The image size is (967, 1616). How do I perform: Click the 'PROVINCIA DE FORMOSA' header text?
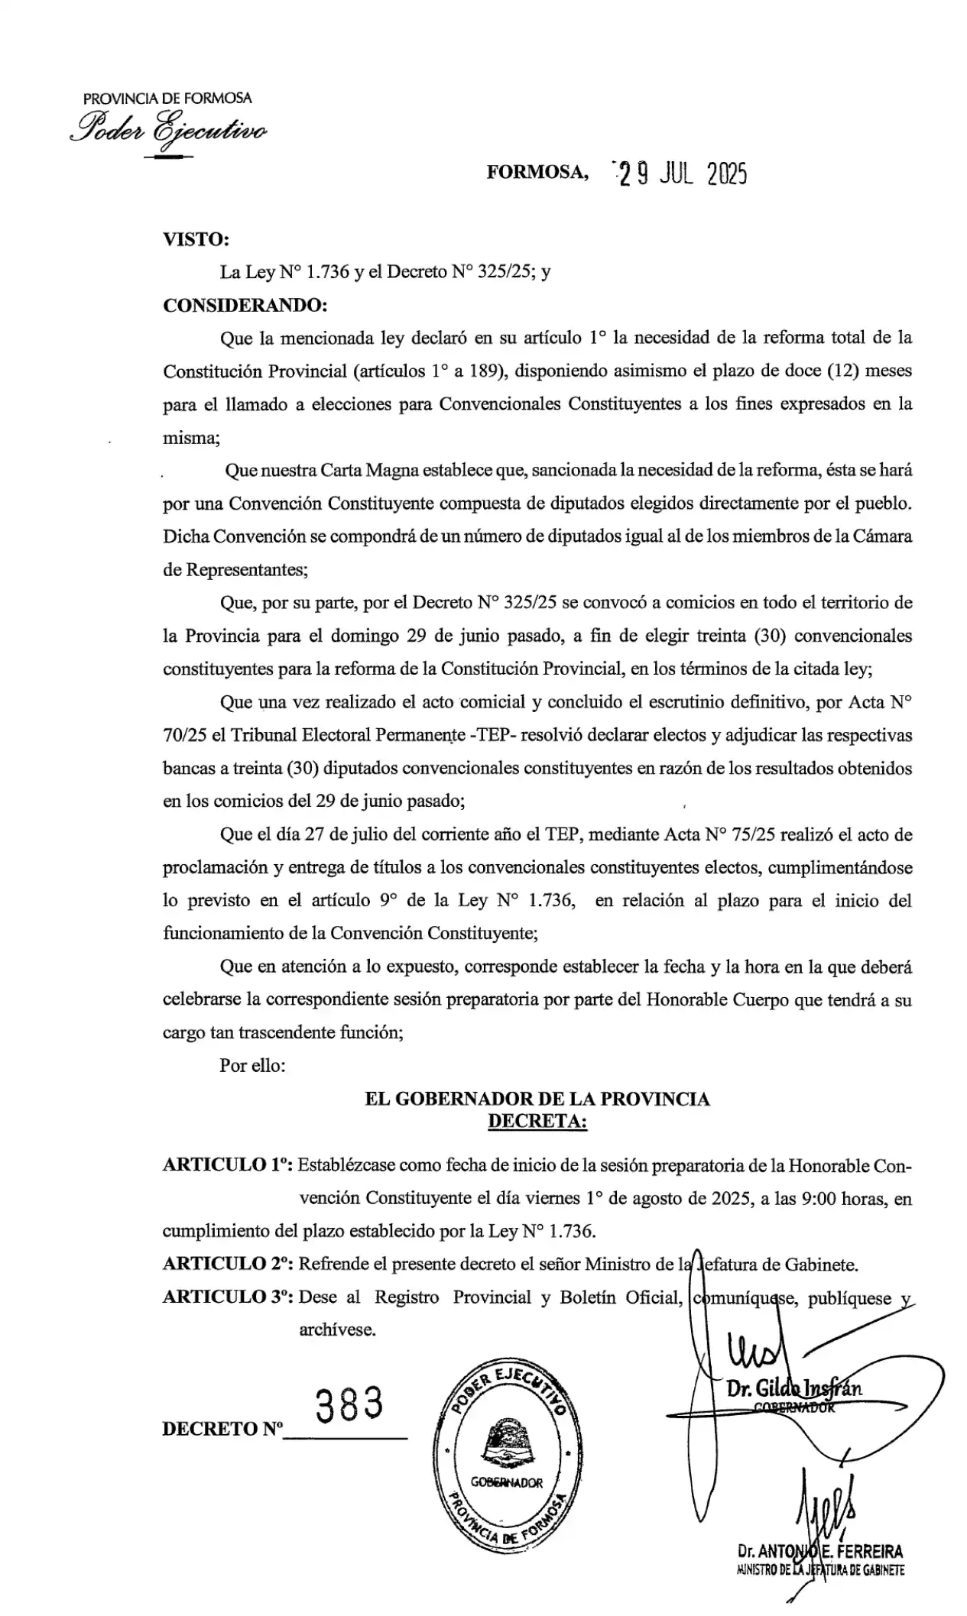point(167,99)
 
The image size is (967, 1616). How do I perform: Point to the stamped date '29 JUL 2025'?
point(681,175)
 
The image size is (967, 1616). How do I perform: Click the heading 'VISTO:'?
point(196,239)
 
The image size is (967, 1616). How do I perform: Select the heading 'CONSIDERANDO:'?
point(245,305)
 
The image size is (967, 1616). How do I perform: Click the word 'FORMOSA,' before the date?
point(537,173)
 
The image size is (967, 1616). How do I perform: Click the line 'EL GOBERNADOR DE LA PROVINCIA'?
point(537,1099)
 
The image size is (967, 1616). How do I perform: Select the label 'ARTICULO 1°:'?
point(228,1166)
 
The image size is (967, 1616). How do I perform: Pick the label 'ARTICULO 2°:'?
point(228,1264)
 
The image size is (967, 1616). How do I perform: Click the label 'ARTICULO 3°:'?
point(228,1297)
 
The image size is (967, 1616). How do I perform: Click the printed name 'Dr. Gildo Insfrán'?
point(795,1388)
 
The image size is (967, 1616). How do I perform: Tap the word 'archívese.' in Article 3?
point(337,1330)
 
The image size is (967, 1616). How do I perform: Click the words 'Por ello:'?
point(252,1065)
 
